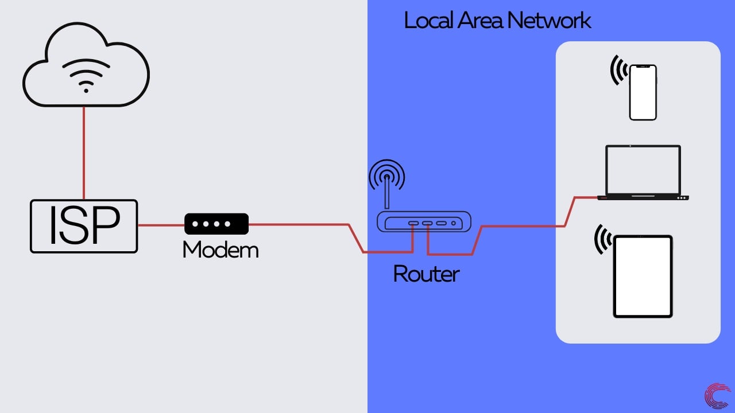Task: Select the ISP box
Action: coord(84,226)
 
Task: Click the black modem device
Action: coord(216,224)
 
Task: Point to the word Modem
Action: coord(220,250)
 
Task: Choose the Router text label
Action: coord(426,274)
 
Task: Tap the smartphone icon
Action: coord(643,92)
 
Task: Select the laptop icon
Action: coord(643,172)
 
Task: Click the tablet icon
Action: coord(643,276)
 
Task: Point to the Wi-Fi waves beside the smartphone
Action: coord(617,70)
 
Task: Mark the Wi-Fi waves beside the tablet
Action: coord(602,239)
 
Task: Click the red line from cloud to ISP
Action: coord(84,152)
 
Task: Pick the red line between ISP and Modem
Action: coord(161,225)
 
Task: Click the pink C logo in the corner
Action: coord(717,397)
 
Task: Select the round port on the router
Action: coord(454,223)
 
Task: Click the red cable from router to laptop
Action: coord(523,226)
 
